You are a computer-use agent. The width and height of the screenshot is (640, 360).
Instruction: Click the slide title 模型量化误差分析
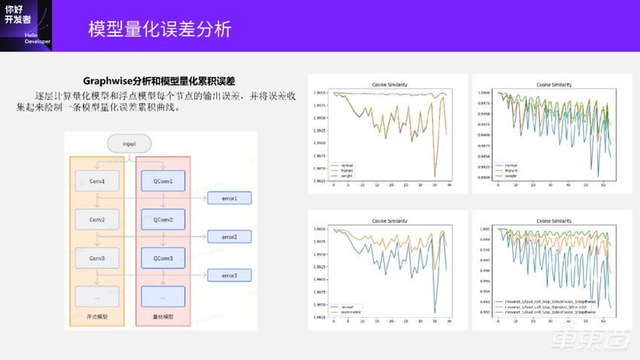(x=160, y=29)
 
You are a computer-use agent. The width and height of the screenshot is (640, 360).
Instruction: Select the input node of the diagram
(x=130, y=143)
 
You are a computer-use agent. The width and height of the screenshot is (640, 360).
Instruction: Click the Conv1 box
(x=97, y=181)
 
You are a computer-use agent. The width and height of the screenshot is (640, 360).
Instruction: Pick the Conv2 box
(x=97, y=220)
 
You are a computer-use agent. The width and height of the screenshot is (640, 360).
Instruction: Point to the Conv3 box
(x=97, y=258)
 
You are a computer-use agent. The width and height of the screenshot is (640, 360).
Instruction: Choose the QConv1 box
(x=163, y=181)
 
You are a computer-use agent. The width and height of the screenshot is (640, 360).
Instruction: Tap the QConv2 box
(x=163, y=220)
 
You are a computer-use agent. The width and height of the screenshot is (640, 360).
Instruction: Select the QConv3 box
(x=163, y=258)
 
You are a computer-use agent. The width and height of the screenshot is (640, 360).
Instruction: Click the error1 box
(x=229, y=198)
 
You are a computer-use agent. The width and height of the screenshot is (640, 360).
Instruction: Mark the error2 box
(x=229, y=237)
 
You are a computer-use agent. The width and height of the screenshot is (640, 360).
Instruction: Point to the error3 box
(x=229, y=276)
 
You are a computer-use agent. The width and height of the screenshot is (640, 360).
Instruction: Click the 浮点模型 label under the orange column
(x=97, y=317)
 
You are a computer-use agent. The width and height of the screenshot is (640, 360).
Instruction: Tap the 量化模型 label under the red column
(x=163, y=317)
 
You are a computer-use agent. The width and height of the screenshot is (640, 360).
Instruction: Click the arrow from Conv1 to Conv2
(x=97, y=200)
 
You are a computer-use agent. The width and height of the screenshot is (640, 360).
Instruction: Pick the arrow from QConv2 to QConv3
(x=163, y=239)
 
